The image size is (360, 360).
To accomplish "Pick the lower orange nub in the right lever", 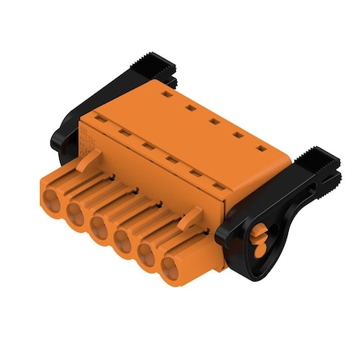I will [x=258, y=249].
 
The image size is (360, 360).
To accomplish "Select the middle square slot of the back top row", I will [x=214, y=121].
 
